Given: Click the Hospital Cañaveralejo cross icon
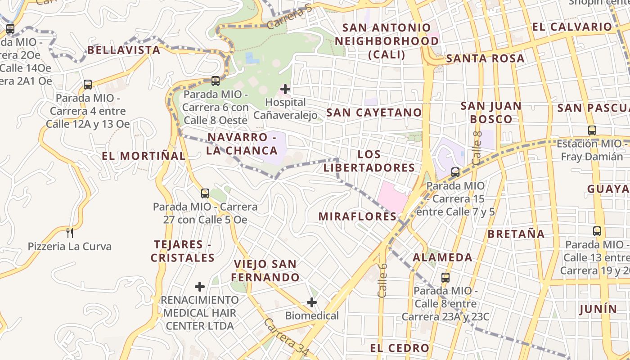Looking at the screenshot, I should (285, 89).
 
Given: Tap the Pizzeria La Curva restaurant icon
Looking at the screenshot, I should (70, 233).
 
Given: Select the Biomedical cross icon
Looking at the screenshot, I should (312, 302).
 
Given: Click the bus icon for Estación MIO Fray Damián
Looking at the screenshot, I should (592, 130).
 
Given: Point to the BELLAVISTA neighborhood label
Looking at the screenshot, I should (124, 50).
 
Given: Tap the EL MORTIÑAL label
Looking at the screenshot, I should (143, 156).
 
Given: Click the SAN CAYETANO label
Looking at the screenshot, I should (374, 112).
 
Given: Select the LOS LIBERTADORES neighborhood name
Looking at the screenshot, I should (369, 161).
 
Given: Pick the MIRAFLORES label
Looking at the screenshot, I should (357, 216).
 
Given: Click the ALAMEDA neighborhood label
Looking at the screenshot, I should (443, 258).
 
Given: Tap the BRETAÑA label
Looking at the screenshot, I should (516, 234).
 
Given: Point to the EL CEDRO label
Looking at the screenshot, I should (400, 348).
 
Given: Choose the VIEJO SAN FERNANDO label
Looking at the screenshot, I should (265, 270).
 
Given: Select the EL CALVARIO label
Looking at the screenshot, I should (572, 27).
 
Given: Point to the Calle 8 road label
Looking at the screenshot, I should (477, 147).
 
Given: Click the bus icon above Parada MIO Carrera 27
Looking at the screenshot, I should (205, 193).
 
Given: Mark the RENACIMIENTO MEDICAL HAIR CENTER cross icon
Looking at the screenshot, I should (200, 286).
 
